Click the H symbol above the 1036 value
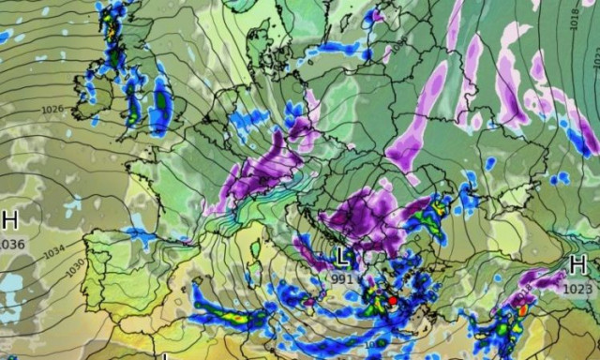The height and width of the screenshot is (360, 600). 10,221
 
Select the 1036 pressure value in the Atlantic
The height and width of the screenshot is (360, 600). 11,244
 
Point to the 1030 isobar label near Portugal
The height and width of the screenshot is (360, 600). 75,266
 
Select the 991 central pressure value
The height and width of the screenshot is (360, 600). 344,277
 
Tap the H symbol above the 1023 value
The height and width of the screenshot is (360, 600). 578,265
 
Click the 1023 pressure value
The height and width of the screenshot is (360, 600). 577,289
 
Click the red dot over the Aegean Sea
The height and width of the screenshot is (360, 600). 392,302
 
